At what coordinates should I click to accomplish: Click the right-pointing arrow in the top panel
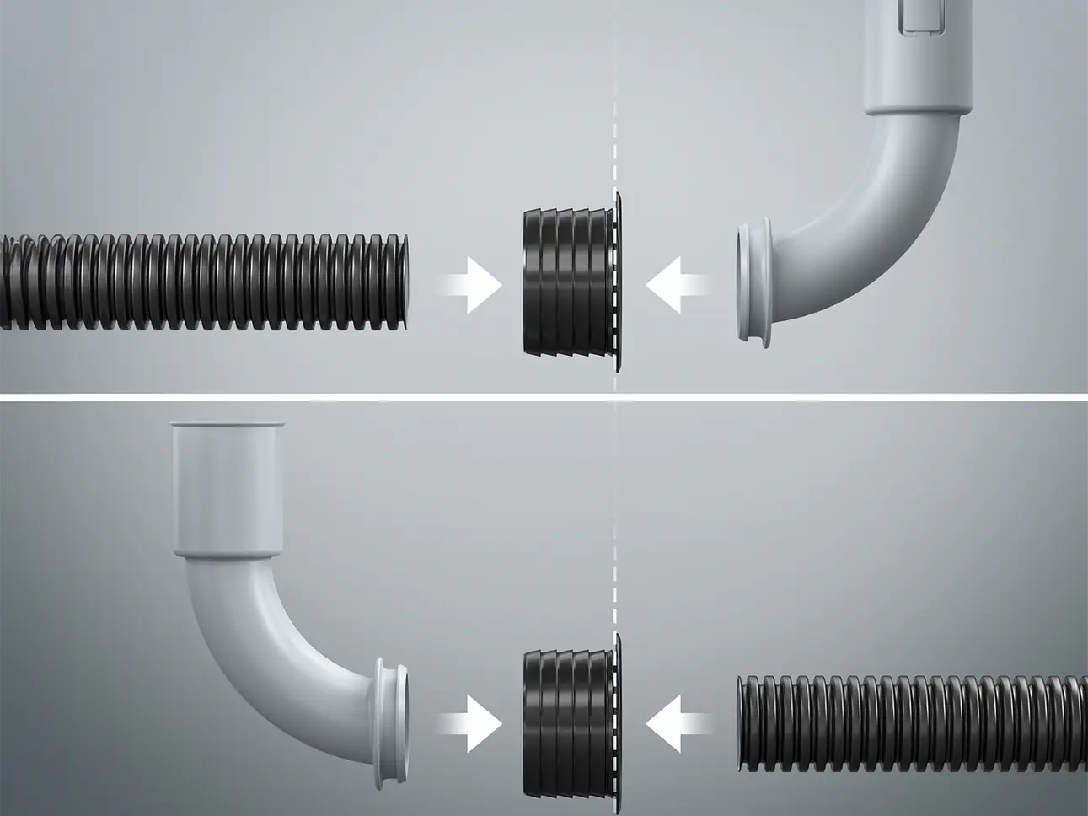click(470, 286)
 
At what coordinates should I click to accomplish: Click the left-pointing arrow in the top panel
click(676, 286)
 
